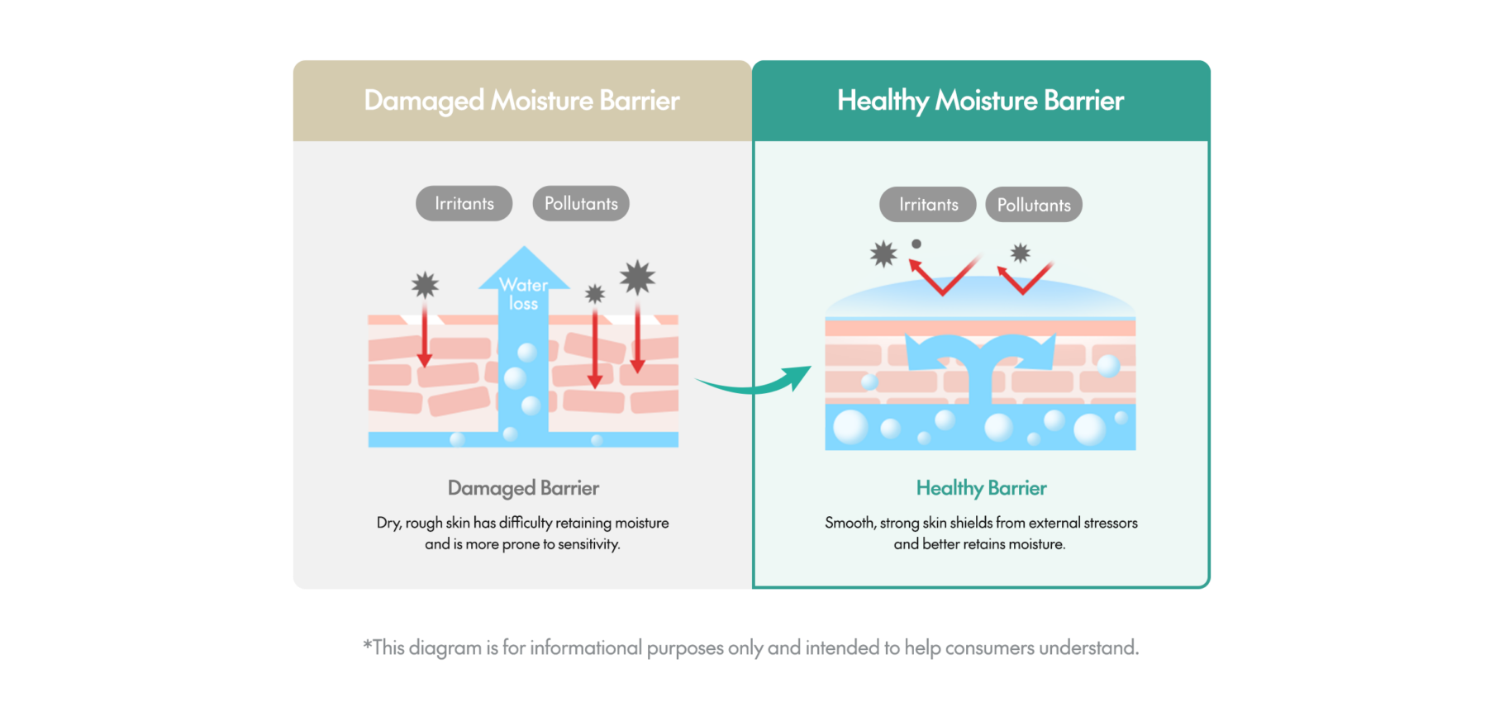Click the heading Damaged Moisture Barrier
click(x=521, y=101)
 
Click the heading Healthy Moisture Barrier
click(x=980, y=101)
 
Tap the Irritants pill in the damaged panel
click(x=464, y=204)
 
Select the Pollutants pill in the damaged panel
click(x=581, y=204)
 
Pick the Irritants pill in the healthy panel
click(x=928, y=205)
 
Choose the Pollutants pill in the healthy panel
click(x=1034, y=205)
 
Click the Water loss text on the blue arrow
click(x=524, y=294)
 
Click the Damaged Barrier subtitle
click(x=523, y=488)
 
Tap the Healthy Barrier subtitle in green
click(x=981, y=488)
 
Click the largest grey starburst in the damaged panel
click(x=637, y=277)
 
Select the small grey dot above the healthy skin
click(x=916, y=244)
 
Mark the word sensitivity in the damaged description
click(x=588, y=544)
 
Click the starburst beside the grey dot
click(x=883, y=254)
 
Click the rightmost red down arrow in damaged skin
click(x=637, y=339)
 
